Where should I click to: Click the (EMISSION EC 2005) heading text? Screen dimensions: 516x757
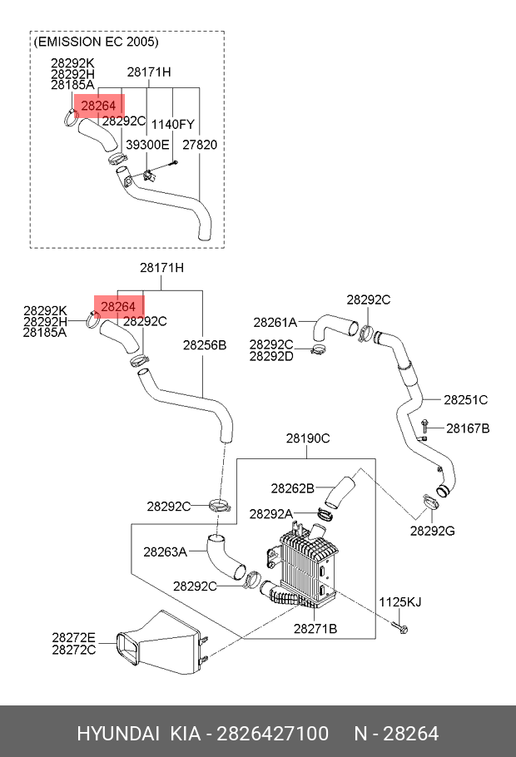(x=96, y=42)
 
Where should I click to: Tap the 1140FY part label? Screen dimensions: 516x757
(x=173, y=125)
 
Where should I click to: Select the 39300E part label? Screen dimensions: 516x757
(x=147, y=145)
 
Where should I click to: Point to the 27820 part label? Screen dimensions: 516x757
(x=200, y=145)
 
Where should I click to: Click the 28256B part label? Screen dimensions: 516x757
(x=205, y=345)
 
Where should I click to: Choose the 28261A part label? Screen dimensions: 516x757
(x=275, y=323)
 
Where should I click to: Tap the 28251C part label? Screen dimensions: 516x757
(x=466, y=400)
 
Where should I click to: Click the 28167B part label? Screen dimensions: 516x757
(x=468, y=428)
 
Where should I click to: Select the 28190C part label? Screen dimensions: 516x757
(x=308, y=438)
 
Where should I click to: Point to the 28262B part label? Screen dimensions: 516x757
(x=292, y=488)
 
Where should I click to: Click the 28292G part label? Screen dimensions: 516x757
(x=433, y=531)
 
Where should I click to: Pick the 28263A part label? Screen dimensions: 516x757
(x=165, y=552)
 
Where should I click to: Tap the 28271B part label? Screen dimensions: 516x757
(x=315, y=629)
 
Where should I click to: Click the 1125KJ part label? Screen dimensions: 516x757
(x=400, y=602)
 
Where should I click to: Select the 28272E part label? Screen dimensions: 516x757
(x=74, y=638)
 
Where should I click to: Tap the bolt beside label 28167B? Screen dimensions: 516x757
(x=424, y=427)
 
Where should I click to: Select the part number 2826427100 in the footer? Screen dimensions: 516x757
(x=272, y=734)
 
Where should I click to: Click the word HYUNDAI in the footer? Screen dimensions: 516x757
(x=118, y=734)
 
